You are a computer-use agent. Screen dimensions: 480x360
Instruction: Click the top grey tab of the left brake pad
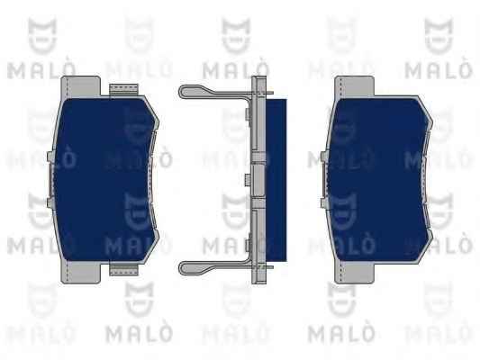81,86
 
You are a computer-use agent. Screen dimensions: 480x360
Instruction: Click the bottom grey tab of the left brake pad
81,272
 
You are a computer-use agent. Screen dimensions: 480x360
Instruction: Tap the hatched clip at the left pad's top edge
123,89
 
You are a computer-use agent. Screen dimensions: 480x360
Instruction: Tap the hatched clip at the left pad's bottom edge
123,269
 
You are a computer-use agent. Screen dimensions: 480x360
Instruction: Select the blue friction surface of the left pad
105,179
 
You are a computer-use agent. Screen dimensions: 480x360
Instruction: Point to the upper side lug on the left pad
51,157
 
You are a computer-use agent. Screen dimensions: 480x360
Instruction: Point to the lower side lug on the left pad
51,202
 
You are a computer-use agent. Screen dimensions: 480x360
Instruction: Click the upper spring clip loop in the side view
214,92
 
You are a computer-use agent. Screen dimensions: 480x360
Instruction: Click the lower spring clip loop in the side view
214,267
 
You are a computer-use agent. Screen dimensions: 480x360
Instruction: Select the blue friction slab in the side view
276,180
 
